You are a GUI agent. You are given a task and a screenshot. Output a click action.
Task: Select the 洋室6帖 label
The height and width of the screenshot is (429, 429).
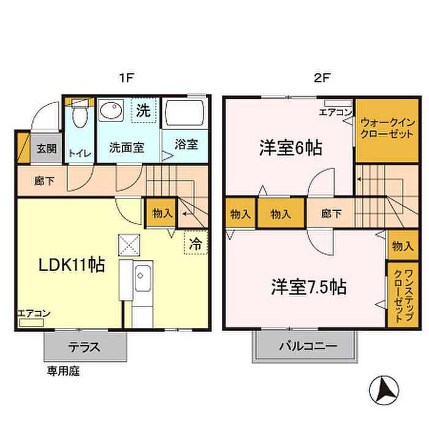tap(290, 148)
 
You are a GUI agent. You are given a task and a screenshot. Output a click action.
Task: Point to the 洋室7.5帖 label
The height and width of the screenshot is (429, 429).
tap(308, 287)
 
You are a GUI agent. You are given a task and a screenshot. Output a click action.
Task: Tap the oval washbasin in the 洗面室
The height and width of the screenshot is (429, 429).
tap(112, 113)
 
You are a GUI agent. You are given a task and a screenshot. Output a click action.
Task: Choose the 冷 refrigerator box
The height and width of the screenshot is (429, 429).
tap(196, 242)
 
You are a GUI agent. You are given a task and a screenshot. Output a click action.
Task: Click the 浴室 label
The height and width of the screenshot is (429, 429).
tap(186, 145)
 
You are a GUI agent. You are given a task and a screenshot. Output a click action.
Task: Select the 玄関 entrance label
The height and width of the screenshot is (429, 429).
tap(46, 148)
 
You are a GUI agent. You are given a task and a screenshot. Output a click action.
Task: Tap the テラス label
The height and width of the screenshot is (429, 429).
tap(85, 346)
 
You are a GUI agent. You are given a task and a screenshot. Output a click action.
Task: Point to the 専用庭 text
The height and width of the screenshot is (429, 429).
tap(64, 371)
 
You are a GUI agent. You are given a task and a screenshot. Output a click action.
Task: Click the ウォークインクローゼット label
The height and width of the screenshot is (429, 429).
tap(386, 128)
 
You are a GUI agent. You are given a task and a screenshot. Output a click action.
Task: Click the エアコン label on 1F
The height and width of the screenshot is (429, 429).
tap(34, 313)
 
